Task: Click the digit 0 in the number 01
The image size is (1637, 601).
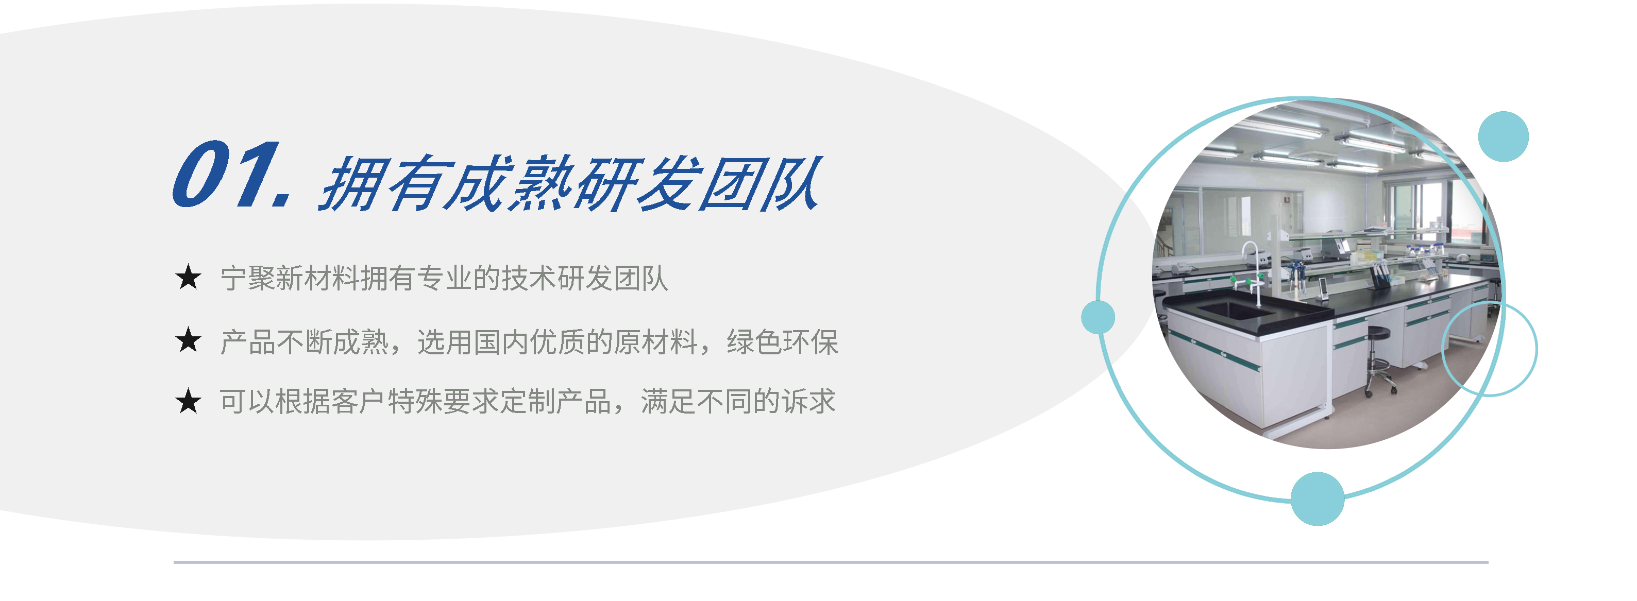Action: (201, 174)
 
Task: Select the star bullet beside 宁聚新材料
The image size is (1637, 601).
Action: (188, 278)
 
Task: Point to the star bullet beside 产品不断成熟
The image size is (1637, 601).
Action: (188, 340)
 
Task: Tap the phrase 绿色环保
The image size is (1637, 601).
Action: (782, 342)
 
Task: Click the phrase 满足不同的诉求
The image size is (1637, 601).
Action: (738, 402)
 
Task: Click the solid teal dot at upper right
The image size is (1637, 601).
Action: (1503, 136)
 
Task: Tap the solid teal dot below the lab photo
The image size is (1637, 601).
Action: (1318, 499)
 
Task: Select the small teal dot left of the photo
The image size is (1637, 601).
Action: (1098, 317)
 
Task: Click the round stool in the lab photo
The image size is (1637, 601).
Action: (1379, 359)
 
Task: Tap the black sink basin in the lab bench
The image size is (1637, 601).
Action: (1236, 310)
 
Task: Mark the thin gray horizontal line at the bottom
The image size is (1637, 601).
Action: (831, 562)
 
